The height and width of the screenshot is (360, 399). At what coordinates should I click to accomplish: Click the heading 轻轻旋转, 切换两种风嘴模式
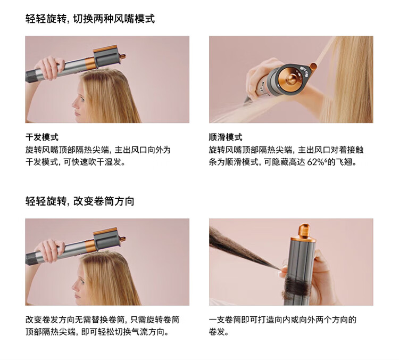(90, 19)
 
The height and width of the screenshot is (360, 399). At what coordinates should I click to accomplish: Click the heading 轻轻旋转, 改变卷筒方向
(80, 201)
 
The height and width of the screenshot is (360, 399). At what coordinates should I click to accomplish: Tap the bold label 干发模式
(42, 137)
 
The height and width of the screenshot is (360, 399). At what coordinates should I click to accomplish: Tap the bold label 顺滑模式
(226, 137)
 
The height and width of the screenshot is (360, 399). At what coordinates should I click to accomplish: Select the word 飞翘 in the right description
(344, 162)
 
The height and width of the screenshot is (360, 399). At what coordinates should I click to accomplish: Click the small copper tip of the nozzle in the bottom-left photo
(122, 239)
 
